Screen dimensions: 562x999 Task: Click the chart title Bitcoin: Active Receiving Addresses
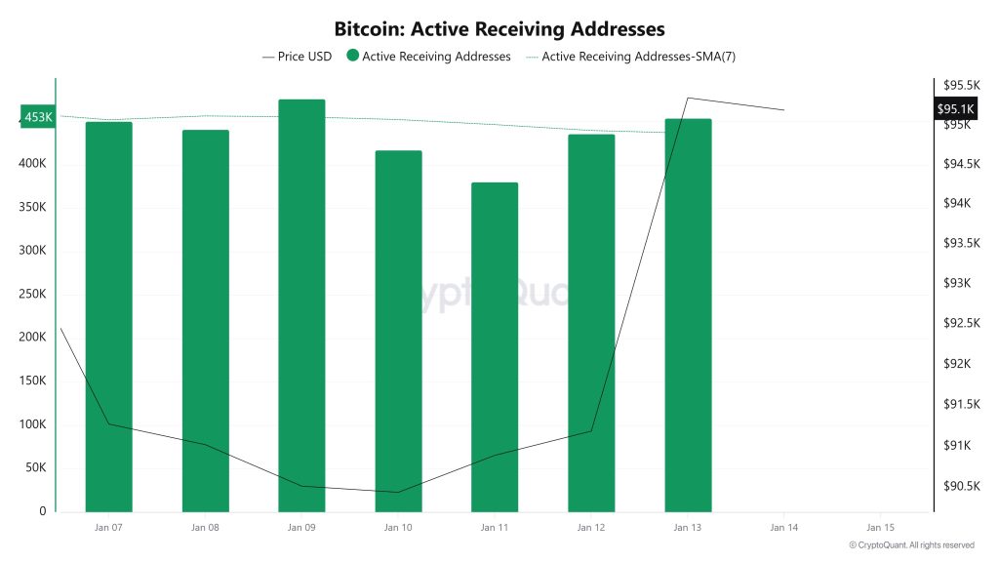pos(499,29)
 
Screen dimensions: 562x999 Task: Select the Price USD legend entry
pos(298,57)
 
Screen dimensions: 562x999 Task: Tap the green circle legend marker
pos(352,57)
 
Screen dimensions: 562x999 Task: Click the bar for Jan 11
pos(495,346)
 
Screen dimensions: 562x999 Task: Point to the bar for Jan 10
pos(398,331)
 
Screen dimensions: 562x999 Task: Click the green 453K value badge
pos(38,117)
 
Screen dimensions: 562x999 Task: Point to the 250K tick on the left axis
pos(32,294)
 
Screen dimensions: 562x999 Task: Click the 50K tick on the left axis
pos(35,467)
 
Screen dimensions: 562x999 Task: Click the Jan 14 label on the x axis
pos(783,527)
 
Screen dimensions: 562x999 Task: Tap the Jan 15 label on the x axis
pos(880,527)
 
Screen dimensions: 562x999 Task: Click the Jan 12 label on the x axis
pos(590,527)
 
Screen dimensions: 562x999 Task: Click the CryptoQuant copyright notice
pos(911,545)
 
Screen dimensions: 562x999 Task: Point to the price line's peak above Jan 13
pos(688,98)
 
